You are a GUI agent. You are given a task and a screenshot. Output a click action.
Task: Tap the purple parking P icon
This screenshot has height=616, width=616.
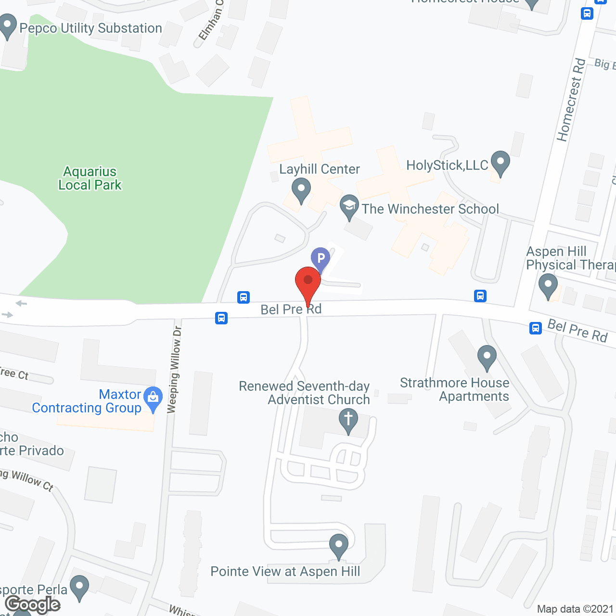[321, 258]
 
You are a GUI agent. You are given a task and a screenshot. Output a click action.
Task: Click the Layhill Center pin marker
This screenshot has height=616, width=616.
[301, 190]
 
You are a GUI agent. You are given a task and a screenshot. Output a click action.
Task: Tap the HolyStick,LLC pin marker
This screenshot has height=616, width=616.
[500, 163]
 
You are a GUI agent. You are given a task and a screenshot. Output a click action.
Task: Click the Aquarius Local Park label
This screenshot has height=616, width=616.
[90, 178]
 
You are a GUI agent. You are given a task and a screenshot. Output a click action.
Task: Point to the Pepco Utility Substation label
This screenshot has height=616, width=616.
[90, 28]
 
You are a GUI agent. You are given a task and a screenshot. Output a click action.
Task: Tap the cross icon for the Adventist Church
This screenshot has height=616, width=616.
[348, 420]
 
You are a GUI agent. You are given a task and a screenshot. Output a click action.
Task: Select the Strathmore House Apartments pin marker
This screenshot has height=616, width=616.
[487, 357]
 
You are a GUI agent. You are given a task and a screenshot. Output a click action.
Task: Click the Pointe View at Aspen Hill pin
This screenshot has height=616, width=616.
[339, 546]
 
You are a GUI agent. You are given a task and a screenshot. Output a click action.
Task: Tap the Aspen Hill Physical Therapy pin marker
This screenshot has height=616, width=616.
[548, 285]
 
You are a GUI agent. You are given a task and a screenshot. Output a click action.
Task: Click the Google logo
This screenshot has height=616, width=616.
[33, 604]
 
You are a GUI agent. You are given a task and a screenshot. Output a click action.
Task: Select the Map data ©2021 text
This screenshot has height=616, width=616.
[575, 609]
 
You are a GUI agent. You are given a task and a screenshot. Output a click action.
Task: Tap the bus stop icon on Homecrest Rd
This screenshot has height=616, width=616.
[587, 13]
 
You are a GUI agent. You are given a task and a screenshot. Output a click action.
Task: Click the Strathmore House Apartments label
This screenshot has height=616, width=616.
[455, 389]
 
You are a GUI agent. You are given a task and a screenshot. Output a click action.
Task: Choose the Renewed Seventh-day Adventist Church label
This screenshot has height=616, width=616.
[304, 393]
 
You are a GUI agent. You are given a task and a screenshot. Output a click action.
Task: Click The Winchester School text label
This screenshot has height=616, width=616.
[430, 209]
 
